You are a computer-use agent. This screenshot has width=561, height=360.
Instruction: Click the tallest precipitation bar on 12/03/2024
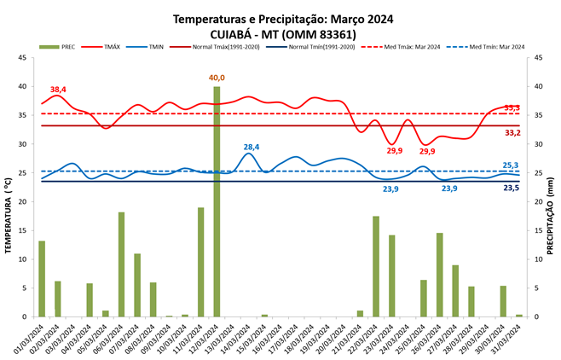217,201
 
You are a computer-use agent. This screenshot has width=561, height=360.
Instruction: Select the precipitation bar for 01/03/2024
42,279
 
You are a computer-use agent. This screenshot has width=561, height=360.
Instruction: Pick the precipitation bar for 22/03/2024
376,266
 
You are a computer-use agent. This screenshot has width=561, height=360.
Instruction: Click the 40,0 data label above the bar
217,78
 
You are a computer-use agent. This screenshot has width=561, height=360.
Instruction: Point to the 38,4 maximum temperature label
58,90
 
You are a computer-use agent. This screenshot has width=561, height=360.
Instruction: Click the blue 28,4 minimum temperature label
252,147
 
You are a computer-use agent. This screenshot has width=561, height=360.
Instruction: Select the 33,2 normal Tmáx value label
512,133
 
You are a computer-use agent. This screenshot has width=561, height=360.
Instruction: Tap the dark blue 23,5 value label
511,187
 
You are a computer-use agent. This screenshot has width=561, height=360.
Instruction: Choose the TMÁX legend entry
110,47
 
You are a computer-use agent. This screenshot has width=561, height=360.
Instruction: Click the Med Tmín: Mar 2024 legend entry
496,47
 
